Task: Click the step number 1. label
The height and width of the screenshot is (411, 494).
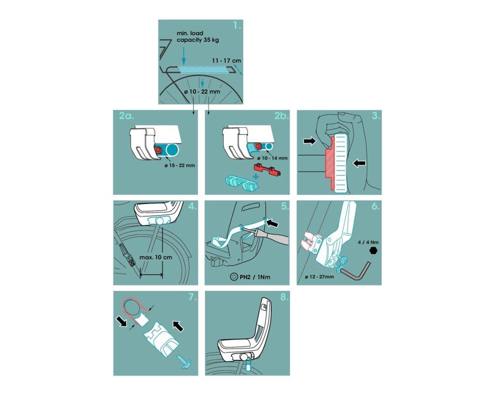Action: [237, 26]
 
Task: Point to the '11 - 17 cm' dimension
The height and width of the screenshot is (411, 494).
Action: [226, 60]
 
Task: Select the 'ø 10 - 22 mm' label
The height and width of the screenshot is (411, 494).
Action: [202, 92]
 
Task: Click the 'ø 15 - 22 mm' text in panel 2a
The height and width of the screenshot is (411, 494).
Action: [180, 165]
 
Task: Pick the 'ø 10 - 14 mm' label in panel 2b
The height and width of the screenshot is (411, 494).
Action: [272, 158]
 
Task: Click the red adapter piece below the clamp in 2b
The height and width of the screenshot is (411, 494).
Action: [267, 169]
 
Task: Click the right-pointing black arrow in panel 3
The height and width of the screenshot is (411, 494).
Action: [310, 141]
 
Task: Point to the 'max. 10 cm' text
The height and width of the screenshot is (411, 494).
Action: [155, 257]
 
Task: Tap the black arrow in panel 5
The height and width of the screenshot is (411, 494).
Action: [273, 223]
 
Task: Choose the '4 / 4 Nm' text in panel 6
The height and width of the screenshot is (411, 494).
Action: [368, 242]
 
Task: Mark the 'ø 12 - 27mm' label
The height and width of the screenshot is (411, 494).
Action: [320, 276]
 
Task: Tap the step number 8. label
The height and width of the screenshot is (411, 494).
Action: [284, 297]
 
